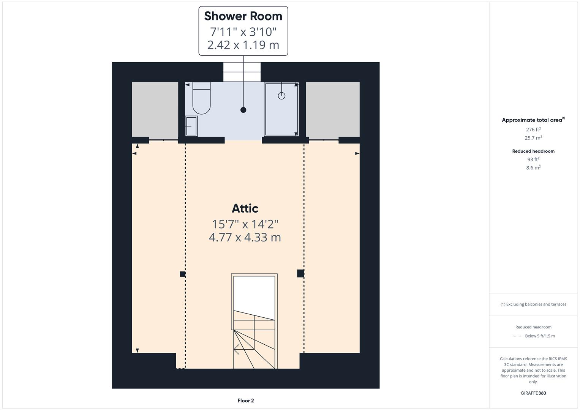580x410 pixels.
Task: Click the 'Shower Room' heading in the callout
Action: pos(243,16)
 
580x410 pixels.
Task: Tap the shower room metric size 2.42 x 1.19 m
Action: pos(243,45)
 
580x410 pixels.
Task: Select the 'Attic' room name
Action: pos(245,208)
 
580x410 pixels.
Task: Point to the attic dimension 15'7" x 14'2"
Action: pos(245,224)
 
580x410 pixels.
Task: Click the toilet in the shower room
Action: pos(201,99)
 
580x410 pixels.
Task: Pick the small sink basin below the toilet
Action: pos(191,126)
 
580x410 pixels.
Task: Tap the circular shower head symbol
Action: pos(281,96)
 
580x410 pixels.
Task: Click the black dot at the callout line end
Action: pos(243,110)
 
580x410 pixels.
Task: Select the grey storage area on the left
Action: pos(155,109)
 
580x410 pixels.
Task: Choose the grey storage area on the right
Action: pos(333,109)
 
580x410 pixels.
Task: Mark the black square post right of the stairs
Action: pos(300,273)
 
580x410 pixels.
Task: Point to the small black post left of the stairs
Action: pos(183,274)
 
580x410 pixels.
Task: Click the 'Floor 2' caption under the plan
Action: pos(246,401)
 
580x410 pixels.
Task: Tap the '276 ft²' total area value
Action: pos(533,129)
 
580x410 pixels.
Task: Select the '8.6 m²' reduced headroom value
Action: pos(533,167)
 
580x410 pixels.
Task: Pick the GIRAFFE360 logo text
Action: pos(533,393)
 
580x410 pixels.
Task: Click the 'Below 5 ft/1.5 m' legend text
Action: pos(540,336)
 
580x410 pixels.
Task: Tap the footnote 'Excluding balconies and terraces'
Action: pos(533,304)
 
